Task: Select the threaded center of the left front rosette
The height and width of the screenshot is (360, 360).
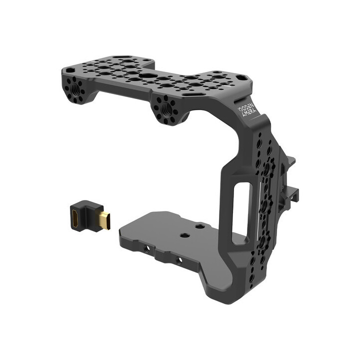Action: (x=74, y=86)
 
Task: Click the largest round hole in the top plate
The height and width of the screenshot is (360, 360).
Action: (x=147, y=76)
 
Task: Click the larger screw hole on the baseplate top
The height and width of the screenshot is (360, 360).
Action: (x=184, y=234)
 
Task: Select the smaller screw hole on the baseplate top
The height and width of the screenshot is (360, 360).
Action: (x=199, y=226)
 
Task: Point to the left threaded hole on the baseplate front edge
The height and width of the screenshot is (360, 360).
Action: (x=147, y=248)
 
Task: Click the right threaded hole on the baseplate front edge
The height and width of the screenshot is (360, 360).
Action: (x=179, y=260)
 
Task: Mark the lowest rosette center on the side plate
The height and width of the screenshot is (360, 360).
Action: (x=261, y=242)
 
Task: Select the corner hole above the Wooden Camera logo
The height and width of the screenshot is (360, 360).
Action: (x=241, y=77)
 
